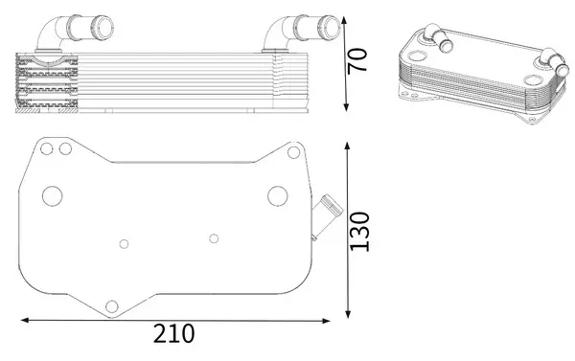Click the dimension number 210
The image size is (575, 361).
[174, 334]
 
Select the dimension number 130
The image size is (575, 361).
[360, 232]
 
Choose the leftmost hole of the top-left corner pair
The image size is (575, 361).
[44, 148]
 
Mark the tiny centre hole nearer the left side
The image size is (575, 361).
[122, 242]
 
